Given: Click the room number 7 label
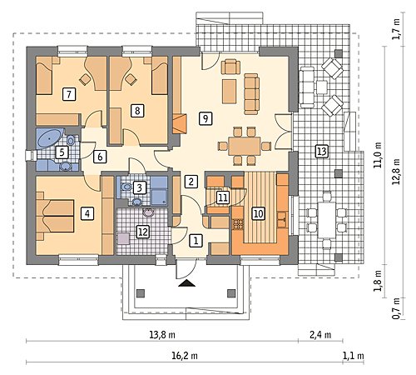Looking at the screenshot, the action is click(x=69, y=94).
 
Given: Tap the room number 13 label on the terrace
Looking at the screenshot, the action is click(x=322, y=152).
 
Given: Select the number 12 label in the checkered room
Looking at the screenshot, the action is click(x=143, y=232).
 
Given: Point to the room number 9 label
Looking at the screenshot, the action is click(x=206, y=118).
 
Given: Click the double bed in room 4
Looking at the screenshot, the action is click(x=55, y=217).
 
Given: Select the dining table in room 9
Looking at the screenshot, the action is click(x=245, y=146).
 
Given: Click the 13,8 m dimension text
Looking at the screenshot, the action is click(x=162, y=335).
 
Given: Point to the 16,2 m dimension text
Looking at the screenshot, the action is click(x=185, y=356).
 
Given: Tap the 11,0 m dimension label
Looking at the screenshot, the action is click(x=378, y=155).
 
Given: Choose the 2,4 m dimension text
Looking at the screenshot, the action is click(x=320, y=335).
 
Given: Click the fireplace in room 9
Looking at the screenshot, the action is click(x=180, y=123).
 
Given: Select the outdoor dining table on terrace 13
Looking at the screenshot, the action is click(x=327, y=220).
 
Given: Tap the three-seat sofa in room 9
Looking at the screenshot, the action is click(x=251, y=93).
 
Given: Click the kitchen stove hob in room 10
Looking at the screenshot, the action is click(x=238, y=224).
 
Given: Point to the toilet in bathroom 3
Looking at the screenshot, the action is click(x=125, y=187).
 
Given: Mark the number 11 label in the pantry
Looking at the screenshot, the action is click(x=223, y=197).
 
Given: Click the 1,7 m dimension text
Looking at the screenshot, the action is click(x=397, y=29).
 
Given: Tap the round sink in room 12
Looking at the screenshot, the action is click(x=149, y=212).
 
